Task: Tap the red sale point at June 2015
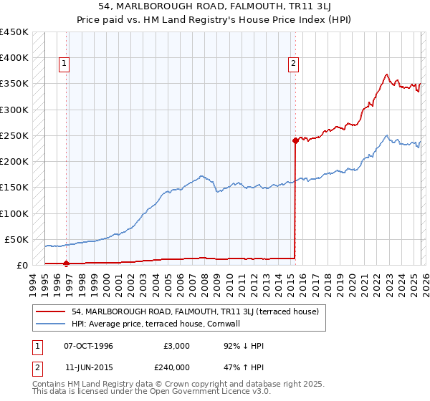(x=295, y=140)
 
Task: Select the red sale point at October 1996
(x=66, y=264)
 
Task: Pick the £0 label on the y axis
(x=21, y=265)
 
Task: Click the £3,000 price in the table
(x=175, y=346)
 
